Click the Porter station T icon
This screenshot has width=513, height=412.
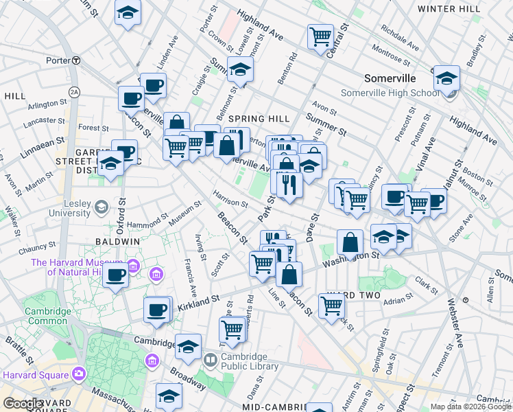pyautogui.click(x=76, y=60)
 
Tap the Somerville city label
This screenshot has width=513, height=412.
pyautogui.click(x=391, y=78)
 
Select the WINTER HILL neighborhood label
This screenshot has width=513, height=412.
pyautogui.click(x=449, y=9)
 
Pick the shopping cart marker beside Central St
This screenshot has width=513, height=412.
pyautogui.click(x=320, y=36)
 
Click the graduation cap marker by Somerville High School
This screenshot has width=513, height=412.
pyautogui.click(x=446, y=78)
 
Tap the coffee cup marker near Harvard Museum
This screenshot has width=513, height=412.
pyautogui.click(x=115, y=276)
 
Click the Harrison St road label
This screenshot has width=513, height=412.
pyautogui.click(x=230, y=198)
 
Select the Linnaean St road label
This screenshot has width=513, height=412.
pyautogui.click(x=43, y=148)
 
